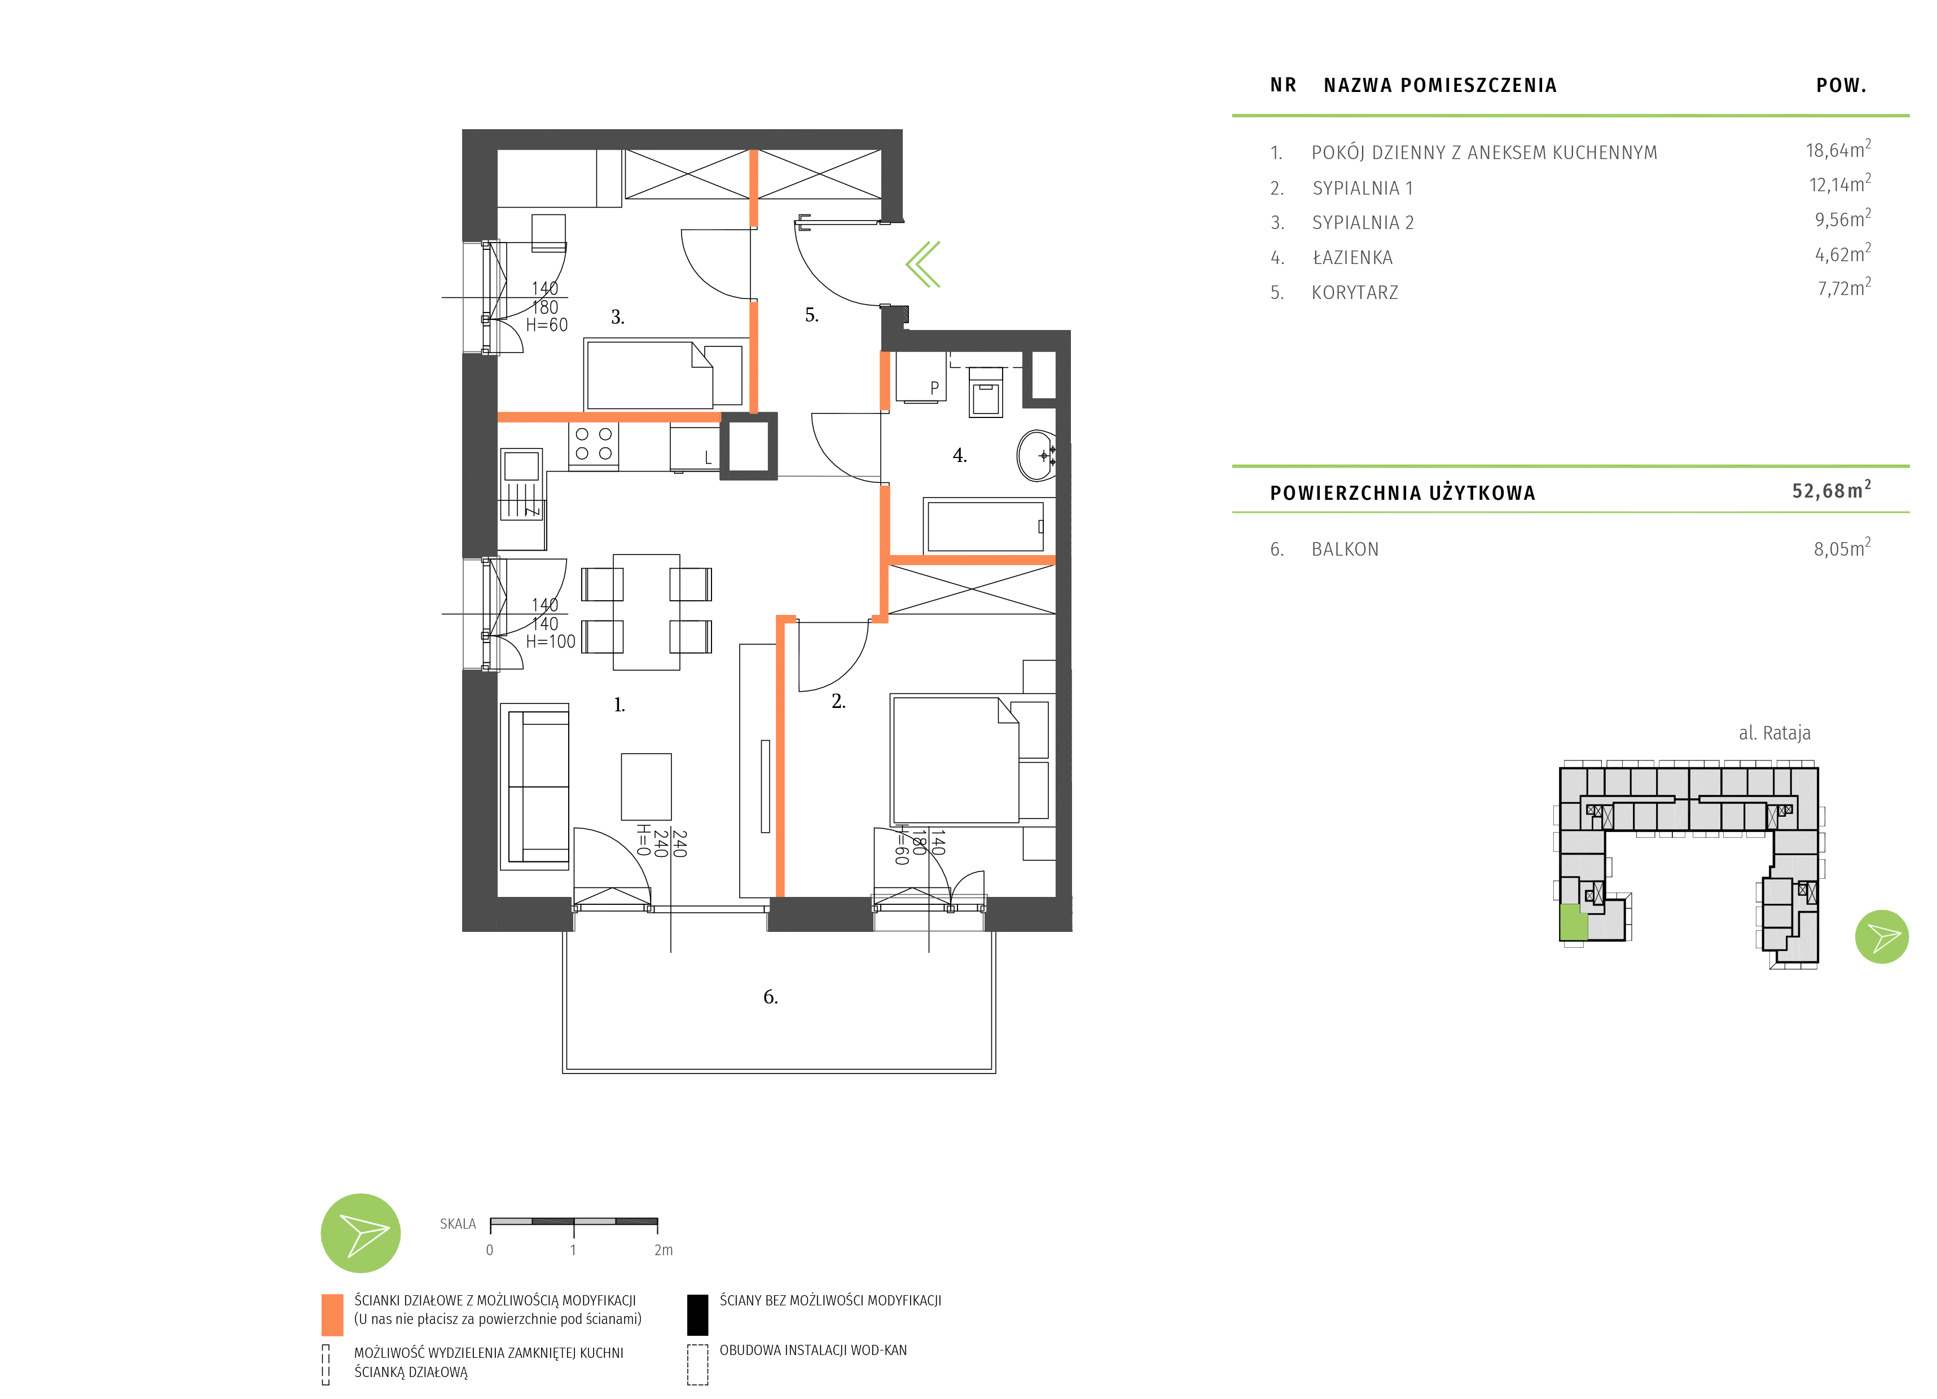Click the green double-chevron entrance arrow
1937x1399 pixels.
click(x=923, y=264)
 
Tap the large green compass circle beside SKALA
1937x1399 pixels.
click(x=361, y=1233)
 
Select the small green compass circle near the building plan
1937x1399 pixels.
click(x=1882, y=937)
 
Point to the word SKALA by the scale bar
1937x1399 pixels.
click(x=458, y=1224)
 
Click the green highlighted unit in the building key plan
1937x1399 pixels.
click(x=1573, y=922)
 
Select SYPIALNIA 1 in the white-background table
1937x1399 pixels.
click(x=1362, y=188)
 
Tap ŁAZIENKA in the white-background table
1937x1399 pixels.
click(x=1352, y=258)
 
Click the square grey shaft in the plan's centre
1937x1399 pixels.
click(x=748, y=446)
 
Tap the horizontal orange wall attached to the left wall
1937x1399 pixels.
click(x=609, y=417)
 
